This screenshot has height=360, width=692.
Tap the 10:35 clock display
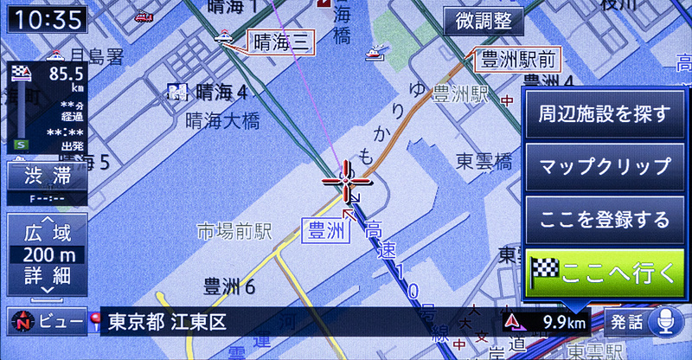[x=48, y=18]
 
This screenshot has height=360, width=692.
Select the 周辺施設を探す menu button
[x=604, y=114]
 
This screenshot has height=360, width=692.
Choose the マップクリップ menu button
[x=604, y=166]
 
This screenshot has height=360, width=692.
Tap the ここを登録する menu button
[x=604, y=220]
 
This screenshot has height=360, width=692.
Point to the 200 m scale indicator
[x=48, y=255]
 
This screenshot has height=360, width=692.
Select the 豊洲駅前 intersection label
[x=517, y=61]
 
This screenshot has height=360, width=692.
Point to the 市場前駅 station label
[x=234, y=231]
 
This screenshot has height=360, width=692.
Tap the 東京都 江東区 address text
[x=167, y=323]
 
